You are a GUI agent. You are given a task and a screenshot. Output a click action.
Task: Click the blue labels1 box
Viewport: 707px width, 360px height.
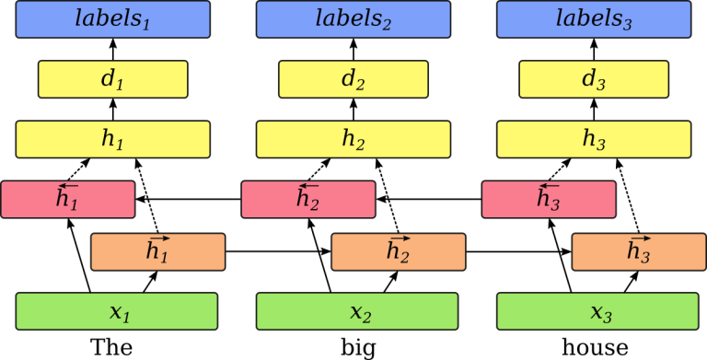point(112,19)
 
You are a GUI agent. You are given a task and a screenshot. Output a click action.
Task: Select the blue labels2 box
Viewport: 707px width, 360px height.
point(353,19)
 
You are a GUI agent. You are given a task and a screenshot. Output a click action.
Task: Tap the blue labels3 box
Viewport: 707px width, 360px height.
point(594,19)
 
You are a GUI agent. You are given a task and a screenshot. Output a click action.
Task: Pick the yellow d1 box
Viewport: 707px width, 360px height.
point(112,79)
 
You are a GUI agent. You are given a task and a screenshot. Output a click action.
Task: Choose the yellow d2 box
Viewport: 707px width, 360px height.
point(353,79)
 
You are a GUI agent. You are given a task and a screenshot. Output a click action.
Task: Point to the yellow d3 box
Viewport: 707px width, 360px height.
point(594,79)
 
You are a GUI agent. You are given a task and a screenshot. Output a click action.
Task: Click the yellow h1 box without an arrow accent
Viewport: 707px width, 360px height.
point(112,140)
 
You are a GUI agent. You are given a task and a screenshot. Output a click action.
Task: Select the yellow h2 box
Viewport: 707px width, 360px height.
point(353,140)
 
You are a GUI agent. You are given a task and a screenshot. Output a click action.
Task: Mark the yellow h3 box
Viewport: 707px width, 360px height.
point(594,140)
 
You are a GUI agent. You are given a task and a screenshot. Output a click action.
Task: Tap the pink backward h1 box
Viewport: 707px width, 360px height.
point(68,200)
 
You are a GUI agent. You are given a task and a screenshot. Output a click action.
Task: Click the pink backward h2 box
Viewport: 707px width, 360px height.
point(308,200)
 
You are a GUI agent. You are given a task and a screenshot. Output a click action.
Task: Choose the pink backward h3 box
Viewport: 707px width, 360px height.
point(549,200)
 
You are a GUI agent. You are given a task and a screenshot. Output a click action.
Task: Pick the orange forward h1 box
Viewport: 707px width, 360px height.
point(157,251)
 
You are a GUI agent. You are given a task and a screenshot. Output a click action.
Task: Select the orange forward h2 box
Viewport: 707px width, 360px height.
point(398,251)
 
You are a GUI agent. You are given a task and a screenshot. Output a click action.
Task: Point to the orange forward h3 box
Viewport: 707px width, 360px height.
point(639,251)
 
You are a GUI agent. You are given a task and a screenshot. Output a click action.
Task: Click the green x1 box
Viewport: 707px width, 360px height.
point(116,311)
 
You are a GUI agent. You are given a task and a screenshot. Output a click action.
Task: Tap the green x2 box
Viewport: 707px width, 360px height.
point(357,311)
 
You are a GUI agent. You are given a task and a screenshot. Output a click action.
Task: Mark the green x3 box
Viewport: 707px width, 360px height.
point(597,311)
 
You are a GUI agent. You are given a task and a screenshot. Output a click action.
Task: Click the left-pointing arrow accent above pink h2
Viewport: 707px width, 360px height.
point(306,188)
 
